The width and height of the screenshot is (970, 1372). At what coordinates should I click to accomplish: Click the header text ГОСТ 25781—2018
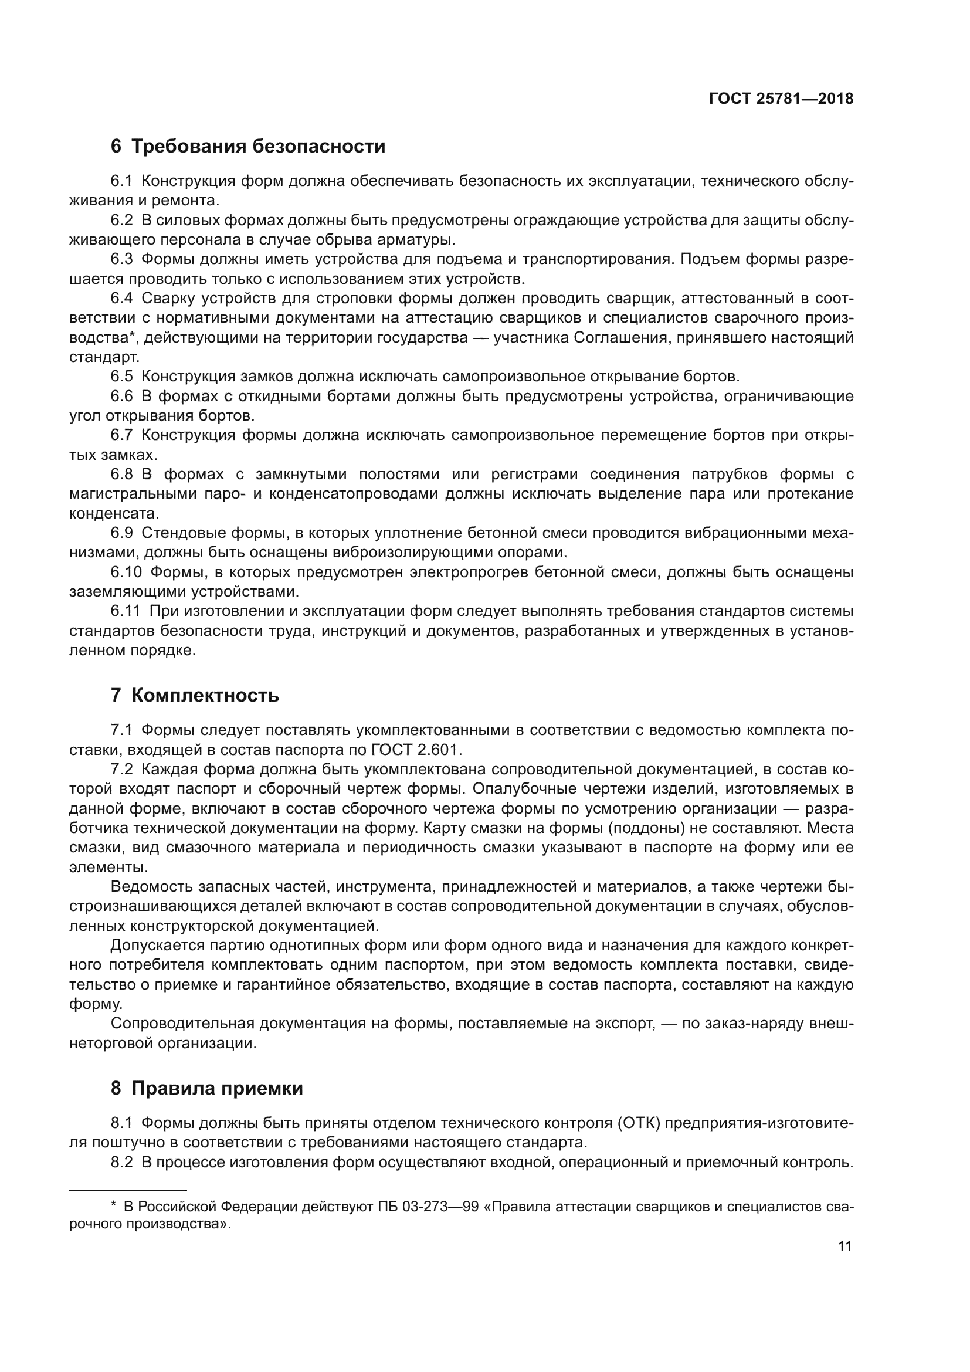coord(781,99)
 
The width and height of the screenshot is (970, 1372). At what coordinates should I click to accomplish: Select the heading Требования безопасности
coord(258,147)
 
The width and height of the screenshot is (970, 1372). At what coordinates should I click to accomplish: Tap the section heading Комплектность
coord(205,696)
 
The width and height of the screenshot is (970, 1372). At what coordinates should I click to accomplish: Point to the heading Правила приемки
coord(217,1088)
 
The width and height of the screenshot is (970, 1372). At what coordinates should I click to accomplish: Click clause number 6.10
coord(126,572)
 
